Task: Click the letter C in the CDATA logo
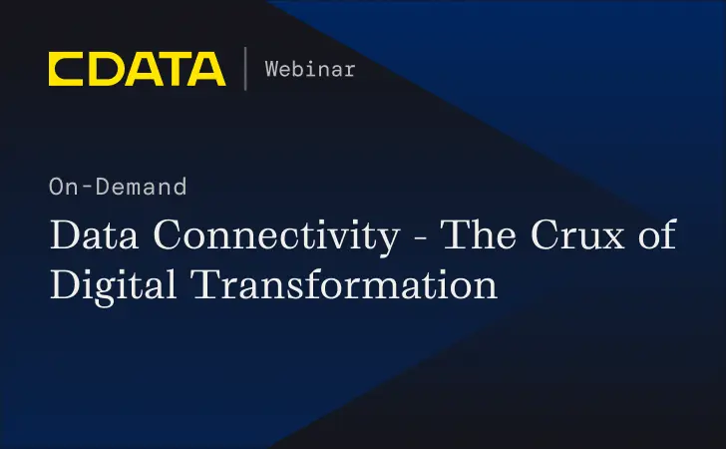pyautogui.click(x=65, y=69)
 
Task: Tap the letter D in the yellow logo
pyautogui.click(x=103, y=69)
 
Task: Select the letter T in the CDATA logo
pyautogui.click(x=171, y=69)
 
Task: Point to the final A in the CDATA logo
pyautogui.click(x=206, y=69)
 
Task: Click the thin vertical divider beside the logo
pyautogui.click(x=245, y=69)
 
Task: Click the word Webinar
pyautogui.click(x=309, y=70)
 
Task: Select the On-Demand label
pyautogui.click(x=117, y=186)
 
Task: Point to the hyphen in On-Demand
pyautogui.click(x=91, y=187)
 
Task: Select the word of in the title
pyautogui.click(x=659, y=236)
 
